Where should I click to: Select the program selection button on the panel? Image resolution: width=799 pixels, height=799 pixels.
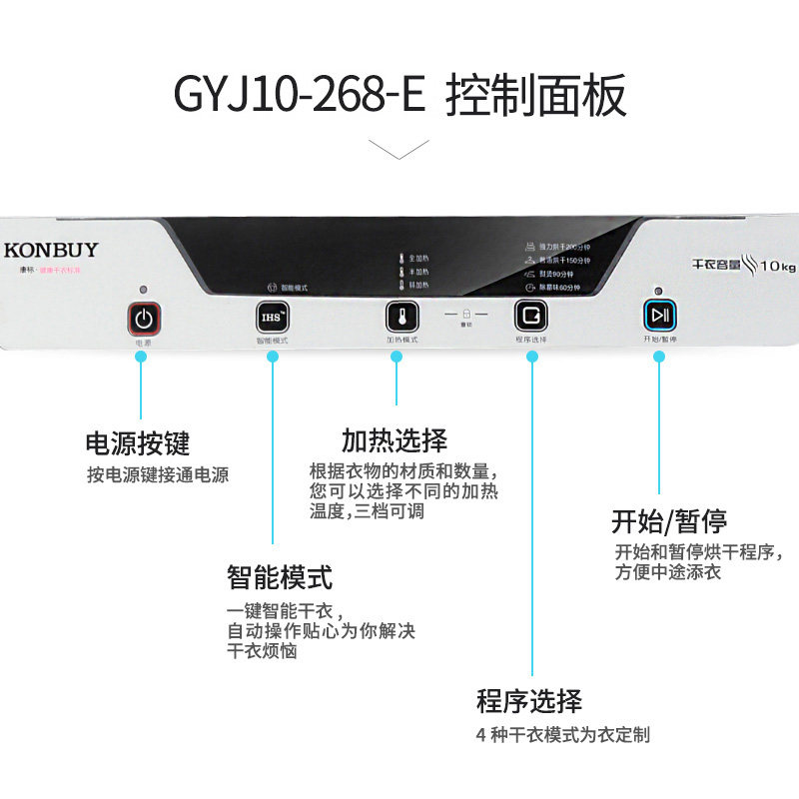tap(530, 316)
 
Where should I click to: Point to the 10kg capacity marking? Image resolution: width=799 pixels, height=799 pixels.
tap(777, 267)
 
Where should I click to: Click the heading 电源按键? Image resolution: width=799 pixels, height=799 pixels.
tap(137, 442)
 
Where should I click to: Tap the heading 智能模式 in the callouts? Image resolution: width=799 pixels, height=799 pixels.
tap(279, 577)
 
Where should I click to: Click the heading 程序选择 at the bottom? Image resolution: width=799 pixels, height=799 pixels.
tap(528, 700)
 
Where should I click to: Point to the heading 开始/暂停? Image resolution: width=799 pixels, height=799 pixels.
tap(668, 520)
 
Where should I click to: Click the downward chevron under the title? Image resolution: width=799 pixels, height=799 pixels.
tap(399, 149)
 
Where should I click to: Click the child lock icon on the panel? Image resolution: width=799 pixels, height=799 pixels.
tap(465, 314)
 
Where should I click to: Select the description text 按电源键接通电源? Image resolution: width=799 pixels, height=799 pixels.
tap(158, 475)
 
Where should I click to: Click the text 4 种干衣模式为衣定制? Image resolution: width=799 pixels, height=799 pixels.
tap(563, 735)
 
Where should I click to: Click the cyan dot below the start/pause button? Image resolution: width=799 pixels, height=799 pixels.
tap(658, 356)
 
